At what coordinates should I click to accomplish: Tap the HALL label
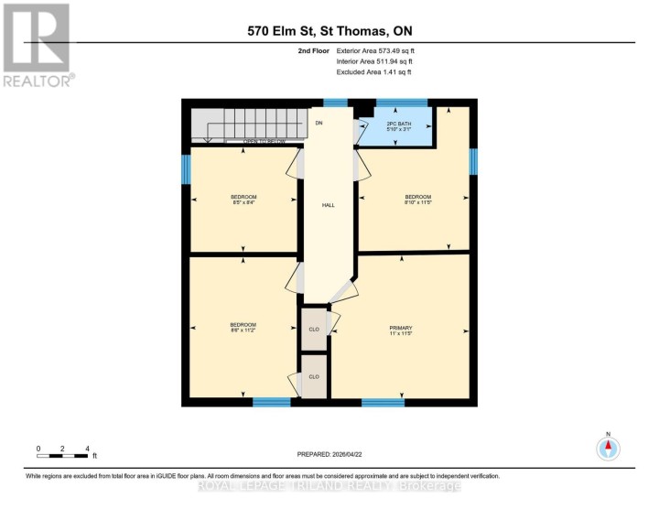328,205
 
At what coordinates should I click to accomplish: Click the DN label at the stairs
319,122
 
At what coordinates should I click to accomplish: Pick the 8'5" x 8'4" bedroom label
243,200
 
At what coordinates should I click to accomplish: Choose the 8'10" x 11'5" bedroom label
418,200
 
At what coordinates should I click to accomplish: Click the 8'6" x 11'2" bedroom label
243,328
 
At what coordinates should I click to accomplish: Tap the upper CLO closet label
313,328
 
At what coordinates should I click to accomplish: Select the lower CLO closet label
313,376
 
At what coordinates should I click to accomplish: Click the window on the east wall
473,161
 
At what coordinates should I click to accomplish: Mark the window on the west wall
186,168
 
